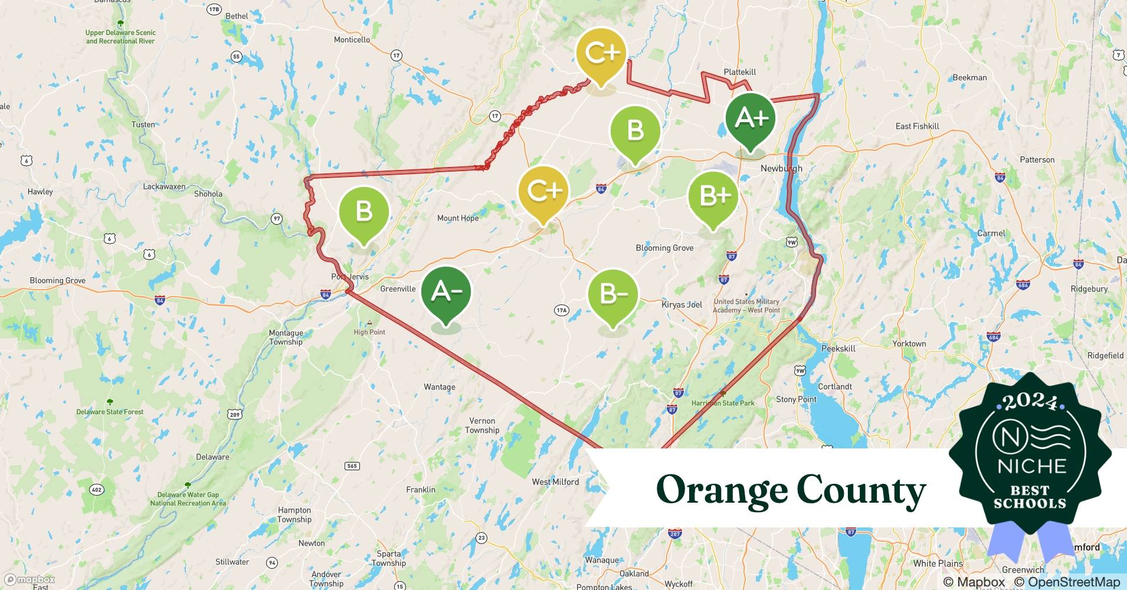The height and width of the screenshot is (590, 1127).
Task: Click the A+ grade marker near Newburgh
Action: (x=750, y=119)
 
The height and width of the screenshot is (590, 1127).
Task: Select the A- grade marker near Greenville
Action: (x=446, y=292)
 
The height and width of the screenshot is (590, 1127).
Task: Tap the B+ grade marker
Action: (x=713, y=196)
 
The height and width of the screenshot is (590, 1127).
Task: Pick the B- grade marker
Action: (x=613, y=294)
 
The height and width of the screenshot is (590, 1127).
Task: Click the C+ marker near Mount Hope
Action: (x=543, y=191)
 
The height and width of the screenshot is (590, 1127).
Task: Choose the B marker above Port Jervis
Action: (x=364, y=211)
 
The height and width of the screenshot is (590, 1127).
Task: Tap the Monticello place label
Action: (x=352, y=40)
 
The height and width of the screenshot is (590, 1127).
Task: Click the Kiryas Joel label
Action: (x=682, y=304)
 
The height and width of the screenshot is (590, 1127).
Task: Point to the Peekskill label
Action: (x=838, y=348)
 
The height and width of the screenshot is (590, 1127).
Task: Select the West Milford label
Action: (x=555, y=481)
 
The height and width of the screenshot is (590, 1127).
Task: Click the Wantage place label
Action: (x=440, y=387)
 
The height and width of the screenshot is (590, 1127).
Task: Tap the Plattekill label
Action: (x=739, y=72)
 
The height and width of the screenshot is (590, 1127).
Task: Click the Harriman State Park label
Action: (x=723, y=403)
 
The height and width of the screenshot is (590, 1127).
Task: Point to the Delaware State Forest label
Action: (x=110, y=412)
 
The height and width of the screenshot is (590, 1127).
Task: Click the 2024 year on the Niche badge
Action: (x=1030, y=402)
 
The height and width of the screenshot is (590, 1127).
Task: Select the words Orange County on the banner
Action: (x=791, y=490)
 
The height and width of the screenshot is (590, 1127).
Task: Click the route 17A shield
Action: (x=561, y=310)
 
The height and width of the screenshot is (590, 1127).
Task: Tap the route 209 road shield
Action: (x=235, y=414)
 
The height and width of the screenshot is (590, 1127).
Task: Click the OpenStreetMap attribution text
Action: (x=1067, y=582)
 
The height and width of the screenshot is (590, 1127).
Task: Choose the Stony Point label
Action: (x=796, y=399)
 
